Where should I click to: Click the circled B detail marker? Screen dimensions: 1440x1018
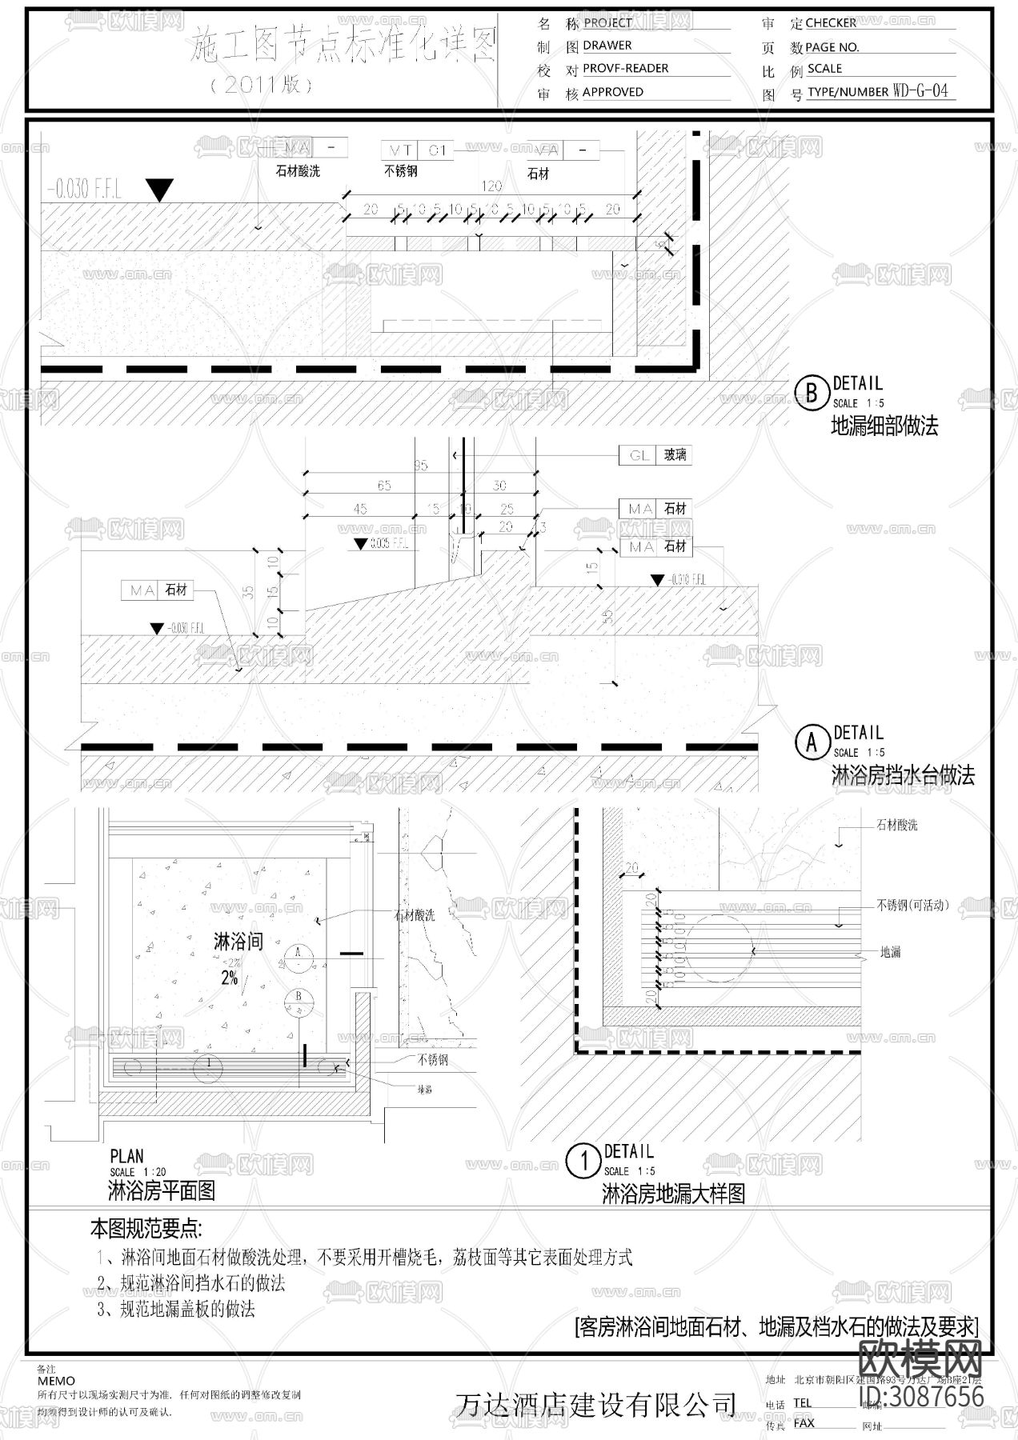click(x=812, y=393)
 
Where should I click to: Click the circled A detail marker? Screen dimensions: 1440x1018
click(x=812, y=742)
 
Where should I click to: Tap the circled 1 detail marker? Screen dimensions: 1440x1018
click(x=583, y=1161)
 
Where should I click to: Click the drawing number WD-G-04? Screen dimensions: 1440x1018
click(x=920, y=91)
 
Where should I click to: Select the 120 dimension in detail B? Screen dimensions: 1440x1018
click(x=491, y=186)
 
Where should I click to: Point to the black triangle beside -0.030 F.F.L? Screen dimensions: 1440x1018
click(x=161, y=190)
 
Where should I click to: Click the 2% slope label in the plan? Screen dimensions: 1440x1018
click(x=230, y=978)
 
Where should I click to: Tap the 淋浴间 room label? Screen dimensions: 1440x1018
click(x=238, y=942)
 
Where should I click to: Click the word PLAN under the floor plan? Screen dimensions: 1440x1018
click(x=127, y=1156)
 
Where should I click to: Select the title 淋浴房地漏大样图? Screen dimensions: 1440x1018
click(x=673, y=1194)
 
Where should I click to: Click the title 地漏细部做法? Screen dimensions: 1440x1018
click(x=884, y=426)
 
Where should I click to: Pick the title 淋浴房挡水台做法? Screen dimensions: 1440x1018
click(x=904, y=775)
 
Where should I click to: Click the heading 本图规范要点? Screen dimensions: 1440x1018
click(x=146, y=1228)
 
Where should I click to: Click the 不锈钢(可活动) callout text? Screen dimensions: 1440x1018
click(x=912, y=906)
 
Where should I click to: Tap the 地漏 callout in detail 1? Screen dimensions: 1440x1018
click(x=891, y=952)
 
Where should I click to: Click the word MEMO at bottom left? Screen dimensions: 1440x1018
click(x=56, y=1381)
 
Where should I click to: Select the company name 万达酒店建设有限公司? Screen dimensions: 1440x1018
click(x=595, y=1405)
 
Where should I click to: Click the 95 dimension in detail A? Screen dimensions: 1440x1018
click(x=420, y=466)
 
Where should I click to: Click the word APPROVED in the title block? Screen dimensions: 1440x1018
click(x=612, y=92)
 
